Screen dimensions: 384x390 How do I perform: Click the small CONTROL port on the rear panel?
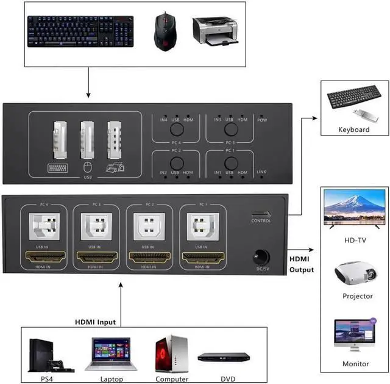pos(261,214)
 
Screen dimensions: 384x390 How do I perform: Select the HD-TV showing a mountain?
pos(354,209)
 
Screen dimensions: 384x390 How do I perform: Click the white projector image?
pos(354,275)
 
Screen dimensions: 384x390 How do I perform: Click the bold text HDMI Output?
pos(302,264)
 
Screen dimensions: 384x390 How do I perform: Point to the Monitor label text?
pos(355,364)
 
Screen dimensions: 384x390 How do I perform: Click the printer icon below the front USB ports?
pos(115,168)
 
